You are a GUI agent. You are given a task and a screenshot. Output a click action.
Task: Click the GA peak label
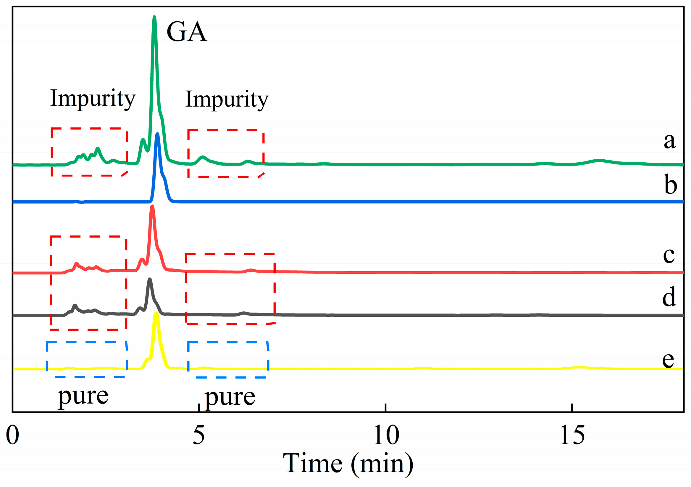pos(187,32)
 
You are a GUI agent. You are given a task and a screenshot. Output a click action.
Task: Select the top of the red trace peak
pos(152,207)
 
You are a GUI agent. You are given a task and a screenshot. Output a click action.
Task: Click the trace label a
pos(670,141)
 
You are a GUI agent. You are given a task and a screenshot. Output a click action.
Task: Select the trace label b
pos(670,185)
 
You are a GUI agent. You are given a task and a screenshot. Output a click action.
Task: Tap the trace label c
pos(669,255)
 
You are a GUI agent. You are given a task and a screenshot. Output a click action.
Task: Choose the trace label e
pos(668,360)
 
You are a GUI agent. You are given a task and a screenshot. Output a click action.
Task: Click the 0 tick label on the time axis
pos(13,435)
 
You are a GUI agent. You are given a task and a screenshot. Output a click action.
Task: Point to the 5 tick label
pos(198,435)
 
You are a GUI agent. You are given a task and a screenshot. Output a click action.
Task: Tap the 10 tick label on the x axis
pos(386,435)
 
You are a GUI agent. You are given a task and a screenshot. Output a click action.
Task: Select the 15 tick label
pos(572,435)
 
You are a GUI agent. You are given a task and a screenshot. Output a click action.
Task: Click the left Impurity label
pos(93,99)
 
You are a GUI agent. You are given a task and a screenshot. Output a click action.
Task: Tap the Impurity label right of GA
pos(227,100)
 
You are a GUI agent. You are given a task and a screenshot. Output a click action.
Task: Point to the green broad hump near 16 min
pos(599,161)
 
